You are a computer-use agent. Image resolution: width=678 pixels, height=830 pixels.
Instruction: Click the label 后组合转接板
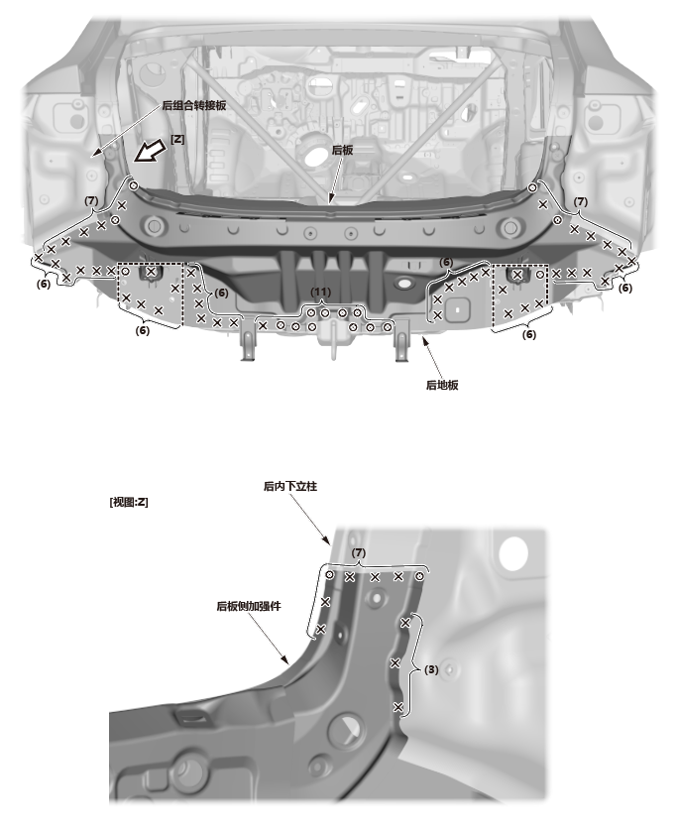[x=193, y=105]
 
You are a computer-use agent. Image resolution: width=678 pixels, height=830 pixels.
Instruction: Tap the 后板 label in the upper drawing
[x=342, y=150]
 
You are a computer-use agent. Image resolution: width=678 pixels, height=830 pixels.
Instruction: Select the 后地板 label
[x=442, y=385]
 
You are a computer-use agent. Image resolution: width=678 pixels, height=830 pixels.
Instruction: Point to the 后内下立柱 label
[x=290, y=486]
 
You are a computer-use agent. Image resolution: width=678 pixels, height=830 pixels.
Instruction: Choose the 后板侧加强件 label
[x=248, y=606]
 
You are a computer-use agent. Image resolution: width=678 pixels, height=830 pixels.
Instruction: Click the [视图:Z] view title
[x=129, y=502]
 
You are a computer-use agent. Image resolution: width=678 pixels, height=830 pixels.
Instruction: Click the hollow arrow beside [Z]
[x=150, y=152]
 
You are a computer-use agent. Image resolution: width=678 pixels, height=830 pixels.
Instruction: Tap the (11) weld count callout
[x=320, y=292]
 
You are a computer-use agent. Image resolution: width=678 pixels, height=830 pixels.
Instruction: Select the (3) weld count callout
[x=431, y=669]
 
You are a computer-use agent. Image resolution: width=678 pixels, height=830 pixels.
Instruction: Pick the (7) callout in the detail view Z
[x=359, y=552]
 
